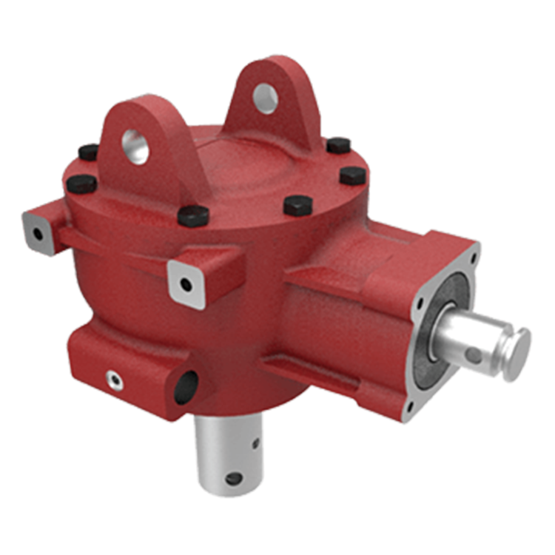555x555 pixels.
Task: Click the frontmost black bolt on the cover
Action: [194, 215]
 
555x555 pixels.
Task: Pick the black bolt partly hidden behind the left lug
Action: [88, 153]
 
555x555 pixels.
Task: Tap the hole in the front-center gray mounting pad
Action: [186, 283]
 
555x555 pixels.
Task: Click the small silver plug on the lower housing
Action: [113, 380]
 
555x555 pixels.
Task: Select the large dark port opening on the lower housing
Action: [186, 386]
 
